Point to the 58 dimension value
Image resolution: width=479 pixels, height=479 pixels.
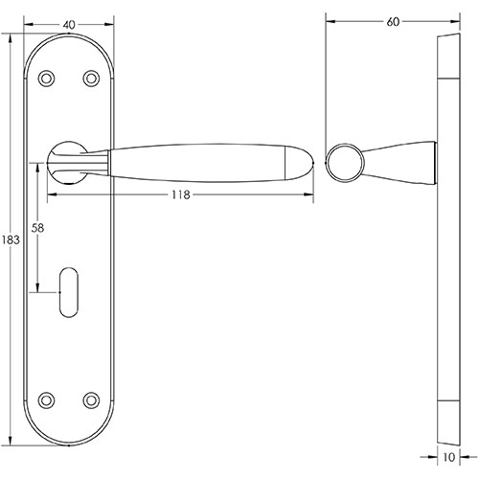(x=38, y=229)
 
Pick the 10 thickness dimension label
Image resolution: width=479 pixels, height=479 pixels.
(x=448, y=458)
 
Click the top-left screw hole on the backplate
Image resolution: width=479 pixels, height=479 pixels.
(x=45, y=78)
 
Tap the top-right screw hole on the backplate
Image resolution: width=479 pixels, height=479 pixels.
(x=91, y=78)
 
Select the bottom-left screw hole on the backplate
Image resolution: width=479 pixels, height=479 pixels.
(x=45, y=399)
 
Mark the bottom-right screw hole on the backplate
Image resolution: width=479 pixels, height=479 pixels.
(x=91, y=399)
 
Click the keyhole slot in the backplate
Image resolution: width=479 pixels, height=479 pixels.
(x=69, y=289)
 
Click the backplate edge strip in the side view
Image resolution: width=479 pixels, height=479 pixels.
(x=448, y=239)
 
